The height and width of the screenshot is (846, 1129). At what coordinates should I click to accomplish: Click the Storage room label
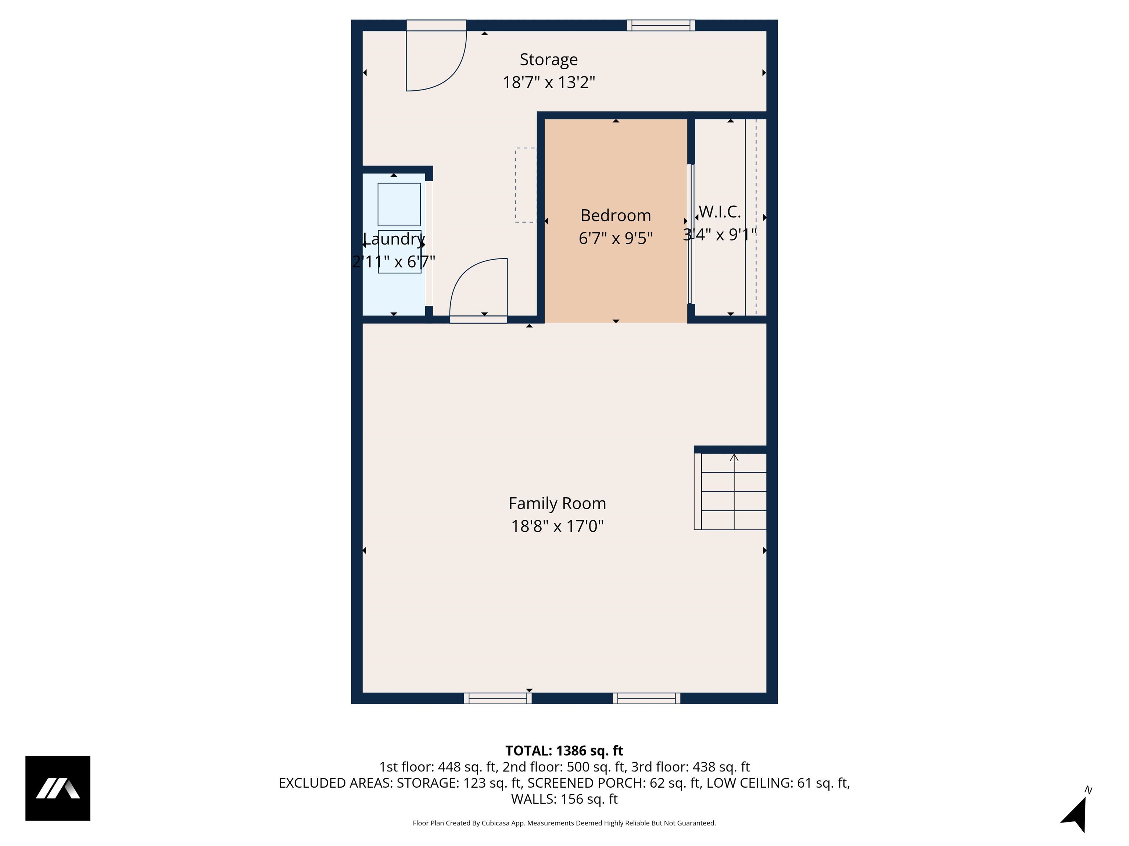point(549,59)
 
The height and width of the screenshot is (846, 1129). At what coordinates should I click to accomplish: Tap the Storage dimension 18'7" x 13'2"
point(549,82)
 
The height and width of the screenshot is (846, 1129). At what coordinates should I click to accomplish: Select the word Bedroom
point(616,216)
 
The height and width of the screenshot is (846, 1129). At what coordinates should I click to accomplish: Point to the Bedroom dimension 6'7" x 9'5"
point(616,238)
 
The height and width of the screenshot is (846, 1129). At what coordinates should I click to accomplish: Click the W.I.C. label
point(720,211)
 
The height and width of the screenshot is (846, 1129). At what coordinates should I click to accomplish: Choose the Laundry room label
point(394,239)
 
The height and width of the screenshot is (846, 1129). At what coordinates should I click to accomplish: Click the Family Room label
point(558,503)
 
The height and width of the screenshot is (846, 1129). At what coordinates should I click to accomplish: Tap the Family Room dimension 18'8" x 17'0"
point(558,526)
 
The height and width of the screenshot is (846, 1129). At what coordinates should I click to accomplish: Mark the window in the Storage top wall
point(661,25)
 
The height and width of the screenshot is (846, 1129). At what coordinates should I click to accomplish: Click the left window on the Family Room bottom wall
point(498,698)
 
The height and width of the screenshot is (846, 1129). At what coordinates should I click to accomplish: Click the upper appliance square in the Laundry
point(399,204)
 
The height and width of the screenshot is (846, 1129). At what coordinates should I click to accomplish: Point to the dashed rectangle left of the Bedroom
point(526,185)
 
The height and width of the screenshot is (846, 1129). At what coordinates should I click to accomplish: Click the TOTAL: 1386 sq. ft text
point(564,751)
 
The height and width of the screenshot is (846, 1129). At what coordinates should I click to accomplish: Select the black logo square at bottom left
point(58,788)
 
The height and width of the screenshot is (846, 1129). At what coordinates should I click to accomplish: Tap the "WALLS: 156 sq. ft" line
point(564,799)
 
